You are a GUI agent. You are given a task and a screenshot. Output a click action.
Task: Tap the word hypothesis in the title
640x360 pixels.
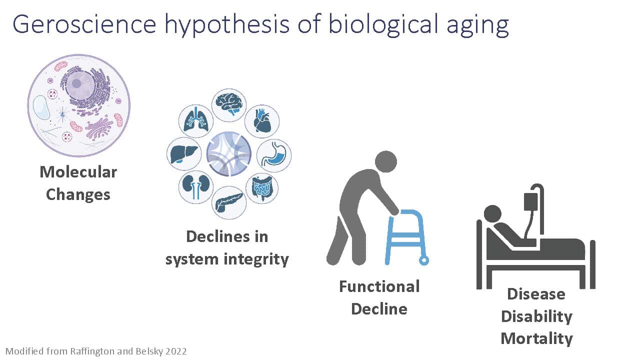(227, 25)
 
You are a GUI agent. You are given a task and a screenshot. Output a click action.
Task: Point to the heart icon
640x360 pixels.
(262, 121)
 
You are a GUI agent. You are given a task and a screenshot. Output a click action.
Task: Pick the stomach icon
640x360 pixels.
(274, 155)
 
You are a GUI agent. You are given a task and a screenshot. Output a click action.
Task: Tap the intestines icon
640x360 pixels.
(262, 188)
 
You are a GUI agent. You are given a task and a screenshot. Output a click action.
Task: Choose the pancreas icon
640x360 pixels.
(229, 203)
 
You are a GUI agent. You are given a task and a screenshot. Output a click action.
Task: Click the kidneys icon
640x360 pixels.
(195, 187)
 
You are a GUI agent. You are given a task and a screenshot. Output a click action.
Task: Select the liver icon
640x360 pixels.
(183, 154)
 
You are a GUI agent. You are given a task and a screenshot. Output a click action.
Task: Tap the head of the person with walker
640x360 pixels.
(385, 161)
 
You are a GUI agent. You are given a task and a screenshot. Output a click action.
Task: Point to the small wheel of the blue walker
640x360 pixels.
(424, 260)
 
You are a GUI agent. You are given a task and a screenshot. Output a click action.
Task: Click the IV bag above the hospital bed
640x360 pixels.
(530, 202)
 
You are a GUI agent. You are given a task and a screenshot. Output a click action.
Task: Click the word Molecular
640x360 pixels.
(78, 172)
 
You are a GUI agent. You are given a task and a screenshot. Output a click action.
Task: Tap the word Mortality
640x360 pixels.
(536, 339)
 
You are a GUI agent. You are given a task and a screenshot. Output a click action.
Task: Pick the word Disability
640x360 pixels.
(536, 316)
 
